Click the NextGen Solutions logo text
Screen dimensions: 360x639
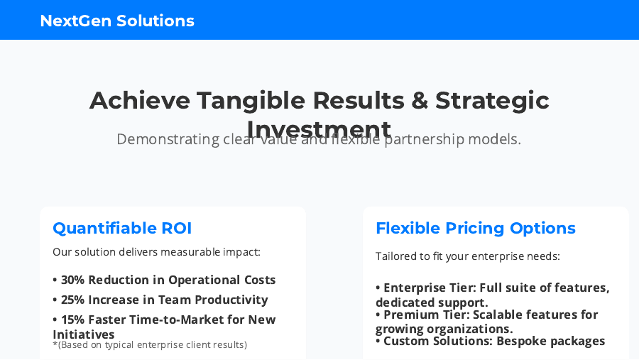[x=117, y=21]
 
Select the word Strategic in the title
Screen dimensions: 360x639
[x=492, y=100]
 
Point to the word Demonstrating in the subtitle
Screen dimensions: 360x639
[x=167, y=139]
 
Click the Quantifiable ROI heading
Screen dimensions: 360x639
[x=122, y=228]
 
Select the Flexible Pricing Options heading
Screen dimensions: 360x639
[x=475, y=228]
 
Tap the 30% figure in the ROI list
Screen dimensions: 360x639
[x=72, y=280]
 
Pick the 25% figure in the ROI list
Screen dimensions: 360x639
[x=72, y=300]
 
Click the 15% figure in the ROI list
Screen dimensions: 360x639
[x=72, y=320]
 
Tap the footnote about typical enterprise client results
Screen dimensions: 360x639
[x=150, y=345]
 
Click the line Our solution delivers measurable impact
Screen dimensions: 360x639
[x=156, y=252]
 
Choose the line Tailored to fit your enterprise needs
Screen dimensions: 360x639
[x=467, y=256]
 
